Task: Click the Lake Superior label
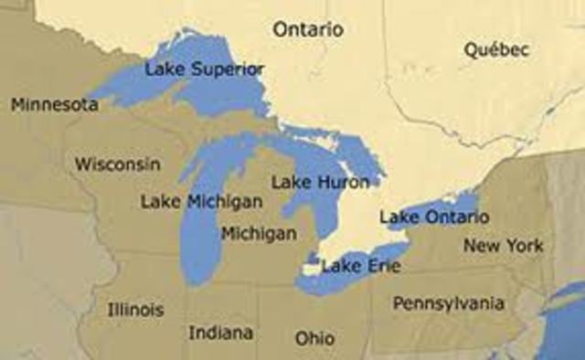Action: (x=205, y=69)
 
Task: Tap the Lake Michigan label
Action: (x=202, y=201)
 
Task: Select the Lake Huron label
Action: (x=321, y=182)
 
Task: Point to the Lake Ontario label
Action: (x=434, y=217)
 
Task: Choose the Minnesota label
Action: (x=55, y=105)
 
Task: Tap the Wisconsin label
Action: (x=118, y=164)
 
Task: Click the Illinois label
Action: (x=135, y=309)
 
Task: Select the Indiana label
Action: (x=221, y=332)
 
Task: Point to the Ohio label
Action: (x=314, y=338)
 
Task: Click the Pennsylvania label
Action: (x=448, y=302)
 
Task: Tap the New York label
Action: (x=503, y=245)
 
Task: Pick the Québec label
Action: (x=496, y=50)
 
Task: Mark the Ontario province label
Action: (x=308, y=29)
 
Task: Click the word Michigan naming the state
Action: (x=259, y=233)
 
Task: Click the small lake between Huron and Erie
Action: (x=313, y=259)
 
